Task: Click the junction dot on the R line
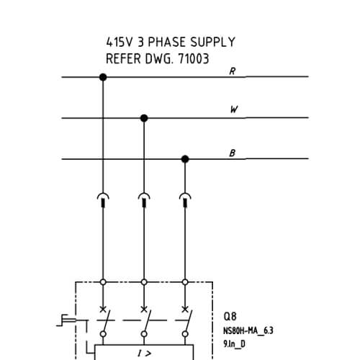click(103, 77)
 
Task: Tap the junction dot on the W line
click(144, 118)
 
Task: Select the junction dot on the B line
click(185, 159)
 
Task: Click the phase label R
click(233, 71)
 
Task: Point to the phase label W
click(234, 109)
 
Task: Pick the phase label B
click(233, 153)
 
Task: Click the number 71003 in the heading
click(193, 58)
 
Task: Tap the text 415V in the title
click(120, 42)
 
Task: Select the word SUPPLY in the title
click(213, 42)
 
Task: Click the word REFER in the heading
click(123, 58)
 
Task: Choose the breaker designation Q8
click(230, 316)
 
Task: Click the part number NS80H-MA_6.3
click(248, 330)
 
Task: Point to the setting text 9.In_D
click(234, 344)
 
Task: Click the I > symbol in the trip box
click(145, 354)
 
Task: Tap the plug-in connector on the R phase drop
click(103, 199)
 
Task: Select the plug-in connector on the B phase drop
click(185, 199)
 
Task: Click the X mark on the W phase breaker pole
click(144, 310)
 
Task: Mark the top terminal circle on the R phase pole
click(103, 282)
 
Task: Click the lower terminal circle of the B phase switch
click(185, 334)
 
